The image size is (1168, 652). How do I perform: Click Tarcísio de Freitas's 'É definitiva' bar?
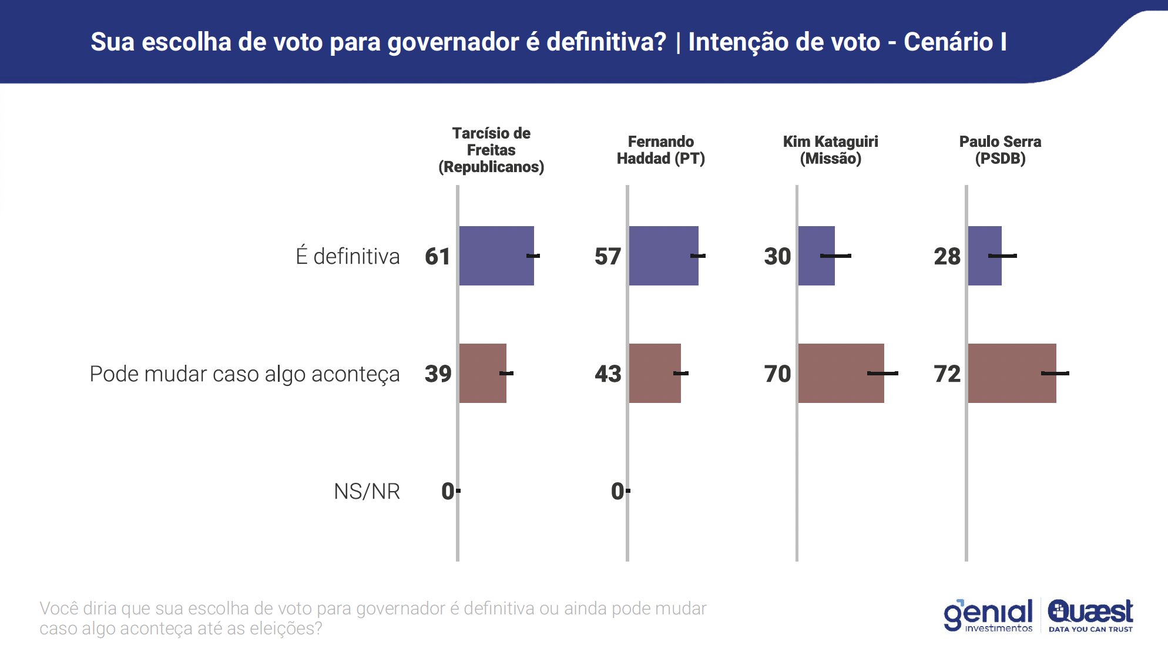click(x=496, y=256)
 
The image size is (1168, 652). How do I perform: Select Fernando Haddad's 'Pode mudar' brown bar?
click(x=655, y=373)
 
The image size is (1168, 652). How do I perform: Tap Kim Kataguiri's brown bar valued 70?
click(x=840, y=373)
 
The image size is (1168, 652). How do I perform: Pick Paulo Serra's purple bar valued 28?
click(x=984, y=256)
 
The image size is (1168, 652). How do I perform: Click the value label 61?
click(x=438, y=256)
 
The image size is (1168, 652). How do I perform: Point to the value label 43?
click(x=608, y=374)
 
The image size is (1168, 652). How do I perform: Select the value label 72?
click(x=947, y=374)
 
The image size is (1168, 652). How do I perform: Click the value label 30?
click(x=777, y=256)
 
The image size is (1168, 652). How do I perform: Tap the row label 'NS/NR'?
click(x=367, y=491)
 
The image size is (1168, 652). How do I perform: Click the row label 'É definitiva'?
click(x=348, y=256)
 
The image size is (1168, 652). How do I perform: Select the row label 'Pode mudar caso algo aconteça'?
click(x=244, y=374)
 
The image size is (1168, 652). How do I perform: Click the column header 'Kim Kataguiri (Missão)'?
click(x=830, y=150)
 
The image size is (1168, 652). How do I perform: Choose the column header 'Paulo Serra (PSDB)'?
click(x=1000, y=150)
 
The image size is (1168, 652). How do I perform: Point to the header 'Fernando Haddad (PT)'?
click(x=660, y=150)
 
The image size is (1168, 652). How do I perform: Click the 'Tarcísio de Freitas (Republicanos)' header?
click(x=491, y=150)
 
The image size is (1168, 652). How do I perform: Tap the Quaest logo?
click(x=1090, y=614)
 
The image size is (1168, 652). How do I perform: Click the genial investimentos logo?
click(x=988, y=615)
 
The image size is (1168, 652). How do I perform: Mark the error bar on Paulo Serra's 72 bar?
click(x=1055, y=373)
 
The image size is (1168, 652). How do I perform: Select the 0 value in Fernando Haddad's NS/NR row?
click(x=617, y=491)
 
